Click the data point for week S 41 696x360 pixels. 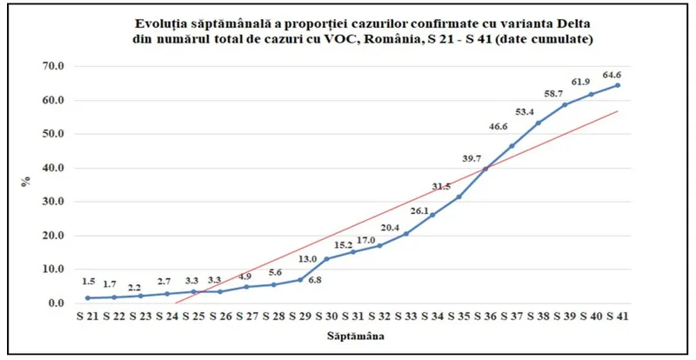[618, 84]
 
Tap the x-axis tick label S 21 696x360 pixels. [88, 315]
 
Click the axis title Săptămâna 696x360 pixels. [351, 334]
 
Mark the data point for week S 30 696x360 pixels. [326, 259]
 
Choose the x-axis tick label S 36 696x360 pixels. [485, 315]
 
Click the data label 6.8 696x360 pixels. [315, 280]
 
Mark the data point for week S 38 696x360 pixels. [538, 123]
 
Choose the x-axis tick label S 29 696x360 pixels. [299, 315]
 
